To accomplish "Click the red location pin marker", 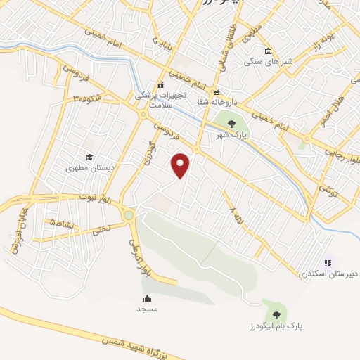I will [x=181, y=165].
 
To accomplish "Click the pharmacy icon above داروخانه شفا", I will [x=217, y=91].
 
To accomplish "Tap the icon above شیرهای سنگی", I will [x=268, y=50].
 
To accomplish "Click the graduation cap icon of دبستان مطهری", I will [x=89, y=157].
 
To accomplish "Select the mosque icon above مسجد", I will [x=147, y=298].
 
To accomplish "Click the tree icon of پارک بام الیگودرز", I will [x=275, y=315].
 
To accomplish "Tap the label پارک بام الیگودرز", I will [x=270, y=327].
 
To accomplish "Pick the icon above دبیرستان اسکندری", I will [x=327, y=263].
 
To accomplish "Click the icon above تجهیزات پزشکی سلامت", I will [x=161, y=85].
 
